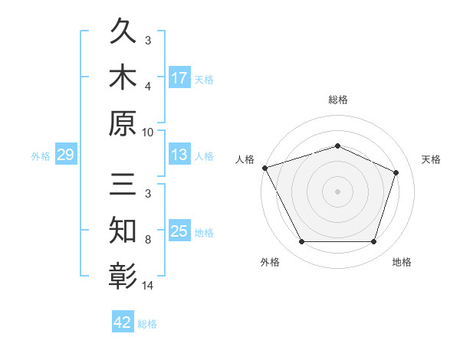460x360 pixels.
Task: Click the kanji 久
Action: coord(123,31)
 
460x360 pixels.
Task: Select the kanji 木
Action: coord(123,77)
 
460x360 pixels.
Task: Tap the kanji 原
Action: coord(123,123)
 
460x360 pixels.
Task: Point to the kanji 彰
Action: coord(123,276)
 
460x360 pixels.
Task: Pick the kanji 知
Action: coord(123,230)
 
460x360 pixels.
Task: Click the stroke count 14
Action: coord(147,285)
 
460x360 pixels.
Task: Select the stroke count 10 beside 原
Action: coord(147,133)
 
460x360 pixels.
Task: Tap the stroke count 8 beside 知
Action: coord(148,240)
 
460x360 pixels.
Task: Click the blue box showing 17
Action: coord(179,77)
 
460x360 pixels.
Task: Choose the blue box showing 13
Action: coord(179,154)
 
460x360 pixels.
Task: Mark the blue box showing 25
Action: coord(179,230)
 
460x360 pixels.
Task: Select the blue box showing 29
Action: coord(66,154)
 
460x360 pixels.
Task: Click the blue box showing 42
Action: coord(123,321)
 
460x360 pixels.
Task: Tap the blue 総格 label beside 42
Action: coord(147,324)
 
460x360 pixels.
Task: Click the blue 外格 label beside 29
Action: coord(41,156)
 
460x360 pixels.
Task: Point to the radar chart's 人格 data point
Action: coord(265,168)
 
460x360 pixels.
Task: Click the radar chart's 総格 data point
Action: coord(337,146)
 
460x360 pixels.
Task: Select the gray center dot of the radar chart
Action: coord(337,191)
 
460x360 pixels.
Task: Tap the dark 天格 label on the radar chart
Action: coord(431,159)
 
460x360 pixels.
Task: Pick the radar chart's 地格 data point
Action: coord(373,241)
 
